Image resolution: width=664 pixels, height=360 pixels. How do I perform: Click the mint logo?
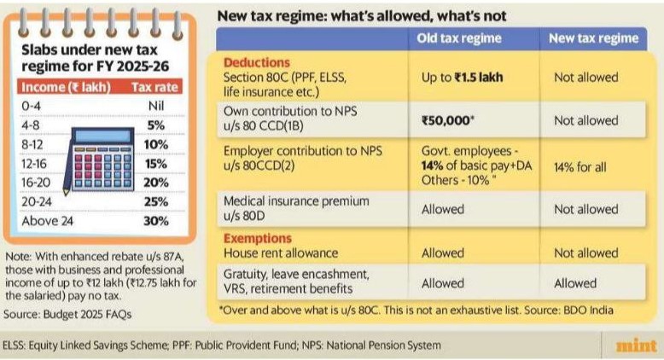[635, 345]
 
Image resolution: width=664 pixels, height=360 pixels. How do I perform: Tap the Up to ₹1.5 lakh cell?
[462, 78]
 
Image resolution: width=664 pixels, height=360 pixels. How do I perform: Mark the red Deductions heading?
[258, 63]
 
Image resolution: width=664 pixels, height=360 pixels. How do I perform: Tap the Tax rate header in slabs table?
[153, 87]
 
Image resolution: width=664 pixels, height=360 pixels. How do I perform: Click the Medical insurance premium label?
[296, 201]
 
